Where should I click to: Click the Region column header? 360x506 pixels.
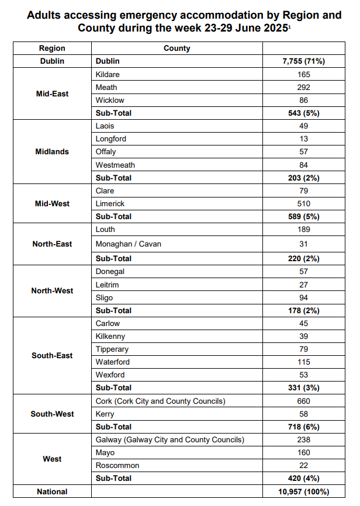coord(52,48)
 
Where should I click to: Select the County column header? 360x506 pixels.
coord(177,48)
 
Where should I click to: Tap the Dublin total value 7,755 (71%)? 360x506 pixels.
coord(303,61)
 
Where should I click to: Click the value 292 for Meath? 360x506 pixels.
coord(303,87)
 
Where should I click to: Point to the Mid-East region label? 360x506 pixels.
coord(52,93)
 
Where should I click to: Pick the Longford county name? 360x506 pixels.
coord(110,139)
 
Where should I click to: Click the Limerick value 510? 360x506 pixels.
coord(303,203)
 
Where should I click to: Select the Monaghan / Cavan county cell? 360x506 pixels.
coord(128,244)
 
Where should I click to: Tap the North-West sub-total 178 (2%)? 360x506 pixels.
coord(303,310)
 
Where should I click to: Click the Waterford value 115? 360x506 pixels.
coord(303,362)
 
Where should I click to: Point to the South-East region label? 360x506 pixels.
coord(52,355)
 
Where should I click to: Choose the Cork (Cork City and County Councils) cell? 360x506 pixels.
coord(160,401)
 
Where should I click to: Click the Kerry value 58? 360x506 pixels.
coord(303,414)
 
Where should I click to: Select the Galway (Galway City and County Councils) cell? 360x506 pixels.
coord(169,439)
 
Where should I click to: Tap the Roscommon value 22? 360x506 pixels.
coord(303,466)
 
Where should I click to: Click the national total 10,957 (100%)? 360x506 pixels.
coord(303,492)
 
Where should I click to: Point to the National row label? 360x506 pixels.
coord(52,492)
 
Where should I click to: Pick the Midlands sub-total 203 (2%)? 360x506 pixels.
coord(303,178)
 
